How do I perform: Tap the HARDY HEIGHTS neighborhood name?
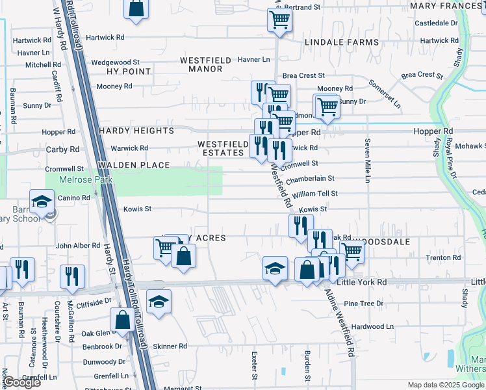(136, 131)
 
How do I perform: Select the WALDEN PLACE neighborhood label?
(134, 165)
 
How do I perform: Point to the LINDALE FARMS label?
(341, 42)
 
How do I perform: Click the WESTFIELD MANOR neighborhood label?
(205, 64)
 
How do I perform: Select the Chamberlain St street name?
(310, 178)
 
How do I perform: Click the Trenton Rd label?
(443, 258)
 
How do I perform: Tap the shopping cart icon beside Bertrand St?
(279, 19)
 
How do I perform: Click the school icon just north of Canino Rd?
(42, 200)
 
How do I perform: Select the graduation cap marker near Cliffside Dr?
(158, 300)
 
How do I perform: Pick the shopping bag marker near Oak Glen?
(122, 318)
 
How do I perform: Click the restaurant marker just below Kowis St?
(300, 226)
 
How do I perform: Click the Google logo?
(21, 382)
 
